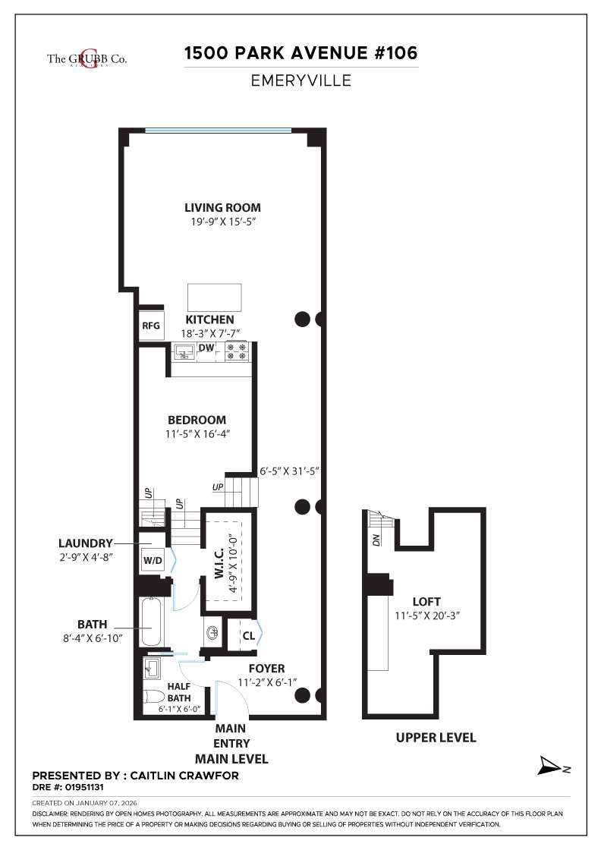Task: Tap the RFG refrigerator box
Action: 151,326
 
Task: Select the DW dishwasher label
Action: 206,348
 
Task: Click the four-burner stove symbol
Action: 236,351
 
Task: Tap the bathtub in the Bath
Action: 153,625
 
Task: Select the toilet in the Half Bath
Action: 154,696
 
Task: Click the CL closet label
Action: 249,635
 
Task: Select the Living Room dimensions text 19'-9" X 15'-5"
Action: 223,222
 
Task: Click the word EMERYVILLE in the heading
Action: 301,80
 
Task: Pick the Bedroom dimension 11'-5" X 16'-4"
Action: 197,434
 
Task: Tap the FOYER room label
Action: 267,669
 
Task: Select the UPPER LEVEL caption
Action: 436,738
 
